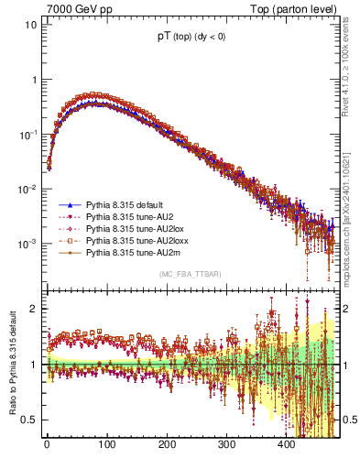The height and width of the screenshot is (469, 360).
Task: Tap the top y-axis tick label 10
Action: pyautogui.click(x=29, y=25)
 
